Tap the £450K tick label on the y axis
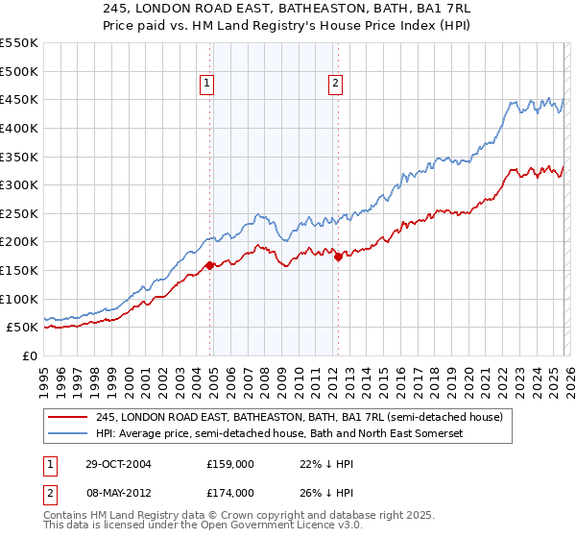[18, 99]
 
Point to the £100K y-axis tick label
[18, 299]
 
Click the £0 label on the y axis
[31, 355]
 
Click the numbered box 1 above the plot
[207, 85]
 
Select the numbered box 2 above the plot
[336, 85]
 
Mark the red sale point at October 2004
[210, 265]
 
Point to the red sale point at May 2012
[338, 257]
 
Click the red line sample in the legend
[69, 417]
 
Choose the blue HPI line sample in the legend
[69, 433]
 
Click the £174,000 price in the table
[229, 492]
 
